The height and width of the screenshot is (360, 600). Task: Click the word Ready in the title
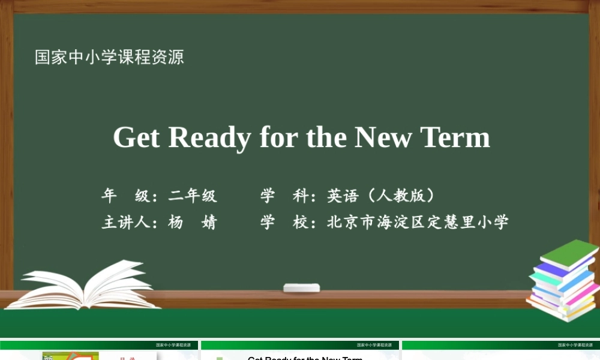tap(209, 137)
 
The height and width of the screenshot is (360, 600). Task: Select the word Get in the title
tap(136, 137)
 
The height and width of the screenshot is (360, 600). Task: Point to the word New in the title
tap(383, 137)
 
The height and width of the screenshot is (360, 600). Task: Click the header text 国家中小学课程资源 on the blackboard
tap(109, 58)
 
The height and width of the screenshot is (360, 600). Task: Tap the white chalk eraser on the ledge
tap(301, 288)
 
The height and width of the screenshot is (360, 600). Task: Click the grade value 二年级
tap(193, 196)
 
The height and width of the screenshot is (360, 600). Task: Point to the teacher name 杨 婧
tap(193, 223)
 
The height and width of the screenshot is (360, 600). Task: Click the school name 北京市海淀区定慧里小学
tap(418, 223)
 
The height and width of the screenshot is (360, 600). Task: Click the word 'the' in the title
tap(326, 137)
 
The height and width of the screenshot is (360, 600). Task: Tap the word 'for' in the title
tap(279, 137)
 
